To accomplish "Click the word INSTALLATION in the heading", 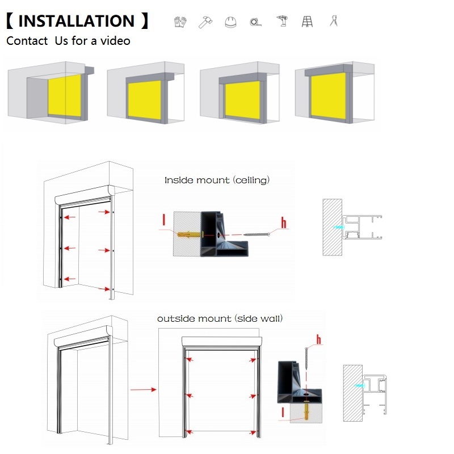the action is [77, 21].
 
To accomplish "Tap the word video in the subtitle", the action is [115, 41].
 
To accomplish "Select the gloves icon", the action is [180, 22].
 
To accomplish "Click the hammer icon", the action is [205, 22].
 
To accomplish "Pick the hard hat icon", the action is [230, 22].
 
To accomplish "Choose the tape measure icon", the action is [255, 22].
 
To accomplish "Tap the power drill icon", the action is [282, 21].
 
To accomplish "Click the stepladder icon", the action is [307, 22].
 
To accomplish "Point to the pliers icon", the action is [334, 20].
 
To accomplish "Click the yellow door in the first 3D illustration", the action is [65, 95].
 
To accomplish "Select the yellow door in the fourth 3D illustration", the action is [329, 95].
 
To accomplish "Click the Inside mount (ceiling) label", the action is [217, 180].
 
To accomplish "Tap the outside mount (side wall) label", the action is [220, 319].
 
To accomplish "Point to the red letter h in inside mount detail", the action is [284, 222].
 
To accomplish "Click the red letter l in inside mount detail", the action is [164, 220].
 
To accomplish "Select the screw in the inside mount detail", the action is [257, 234].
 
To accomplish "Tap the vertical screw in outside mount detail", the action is [306, 359].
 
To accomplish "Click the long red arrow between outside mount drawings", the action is [144, 389].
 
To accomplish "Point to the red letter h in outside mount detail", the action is [318, 339].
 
